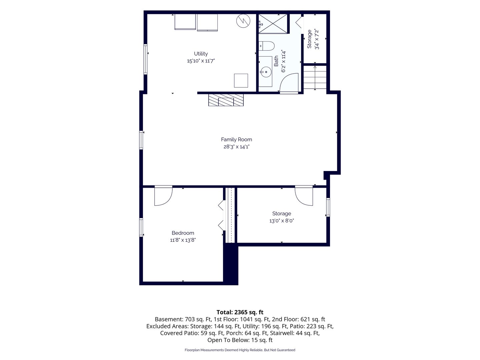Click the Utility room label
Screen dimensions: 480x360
tap(201, 54)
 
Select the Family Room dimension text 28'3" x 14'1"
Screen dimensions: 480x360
tap(236, 147)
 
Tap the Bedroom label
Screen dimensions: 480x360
tap(183, 233)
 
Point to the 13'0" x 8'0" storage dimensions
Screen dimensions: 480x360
tap(281, 221)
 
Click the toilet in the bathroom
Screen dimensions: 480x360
tap(266, 46)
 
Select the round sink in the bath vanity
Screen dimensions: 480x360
tap(266, 72)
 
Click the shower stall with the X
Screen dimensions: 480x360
tap(273, 24)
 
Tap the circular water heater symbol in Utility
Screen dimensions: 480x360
tap(243, 21)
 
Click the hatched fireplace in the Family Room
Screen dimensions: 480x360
tap(226, 100)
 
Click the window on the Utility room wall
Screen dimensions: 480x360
tap(145, 59)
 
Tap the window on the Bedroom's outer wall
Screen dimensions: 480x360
tap(141, 227)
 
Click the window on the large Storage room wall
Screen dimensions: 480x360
tap(328, 207)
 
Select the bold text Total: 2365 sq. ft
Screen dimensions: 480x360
tap(240, 312)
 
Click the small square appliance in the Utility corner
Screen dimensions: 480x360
tap(241, 81)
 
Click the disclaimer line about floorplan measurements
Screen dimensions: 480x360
tap(240, 350)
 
